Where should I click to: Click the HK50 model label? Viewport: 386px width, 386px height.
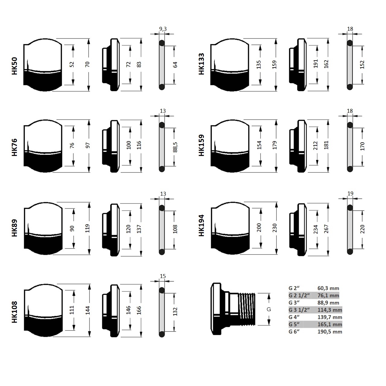click(x=14, y=66)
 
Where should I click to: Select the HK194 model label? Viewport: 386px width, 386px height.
click(x=201, y=226)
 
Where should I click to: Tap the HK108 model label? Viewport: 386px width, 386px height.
click(x=14, y=312)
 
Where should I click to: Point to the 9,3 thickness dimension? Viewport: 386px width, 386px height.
click(x=163, y=29)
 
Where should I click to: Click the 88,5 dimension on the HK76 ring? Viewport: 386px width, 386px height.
click(x=175, y=147)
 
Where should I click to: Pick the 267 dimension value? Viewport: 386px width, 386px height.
click(x=326, y=229)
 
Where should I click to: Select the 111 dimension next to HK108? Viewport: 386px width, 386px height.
click(x=72, y=310)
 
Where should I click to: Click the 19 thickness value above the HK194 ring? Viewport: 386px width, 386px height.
click(x=350, y=194)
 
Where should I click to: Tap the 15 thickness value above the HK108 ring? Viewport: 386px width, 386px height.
click(x=163, y=276)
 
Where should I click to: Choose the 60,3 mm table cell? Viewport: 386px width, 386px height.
click(x=328, y=288)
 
